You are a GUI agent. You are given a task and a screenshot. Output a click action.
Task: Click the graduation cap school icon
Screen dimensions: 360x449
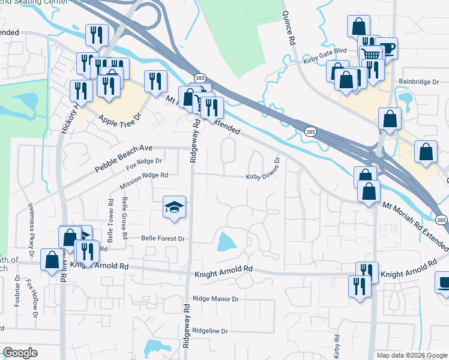(x=175, y=207)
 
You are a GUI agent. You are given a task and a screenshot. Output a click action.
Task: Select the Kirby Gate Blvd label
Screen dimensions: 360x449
(x=325, y=53)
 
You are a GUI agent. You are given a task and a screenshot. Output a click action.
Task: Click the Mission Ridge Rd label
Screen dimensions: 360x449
(x=143, y=176)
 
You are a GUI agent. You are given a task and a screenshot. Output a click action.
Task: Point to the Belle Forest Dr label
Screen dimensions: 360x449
(x=163, y=238)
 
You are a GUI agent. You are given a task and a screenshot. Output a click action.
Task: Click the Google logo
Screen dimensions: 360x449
(x=20, y=353)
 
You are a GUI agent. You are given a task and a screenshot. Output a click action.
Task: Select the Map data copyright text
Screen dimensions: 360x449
(x=411, y=355)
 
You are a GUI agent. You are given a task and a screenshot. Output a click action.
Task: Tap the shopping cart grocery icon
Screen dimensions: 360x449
(x=372, y=54)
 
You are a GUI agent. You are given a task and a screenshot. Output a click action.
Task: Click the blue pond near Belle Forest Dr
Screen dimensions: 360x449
(x=226, y=242)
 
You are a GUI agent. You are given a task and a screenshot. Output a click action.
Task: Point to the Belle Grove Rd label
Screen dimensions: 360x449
(x=124, y=217)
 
